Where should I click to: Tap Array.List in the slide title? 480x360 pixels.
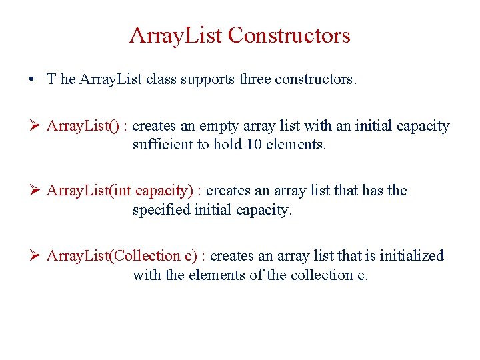[176, 35]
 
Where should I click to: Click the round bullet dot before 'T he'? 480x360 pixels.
[32, 79]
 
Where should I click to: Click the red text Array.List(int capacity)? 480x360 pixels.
[120, 191]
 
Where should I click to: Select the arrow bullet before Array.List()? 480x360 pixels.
[36, 126]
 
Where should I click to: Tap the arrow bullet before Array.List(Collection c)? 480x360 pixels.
[36, 256]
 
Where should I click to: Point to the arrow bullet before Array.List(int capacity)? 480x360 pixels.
[36, 191]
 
